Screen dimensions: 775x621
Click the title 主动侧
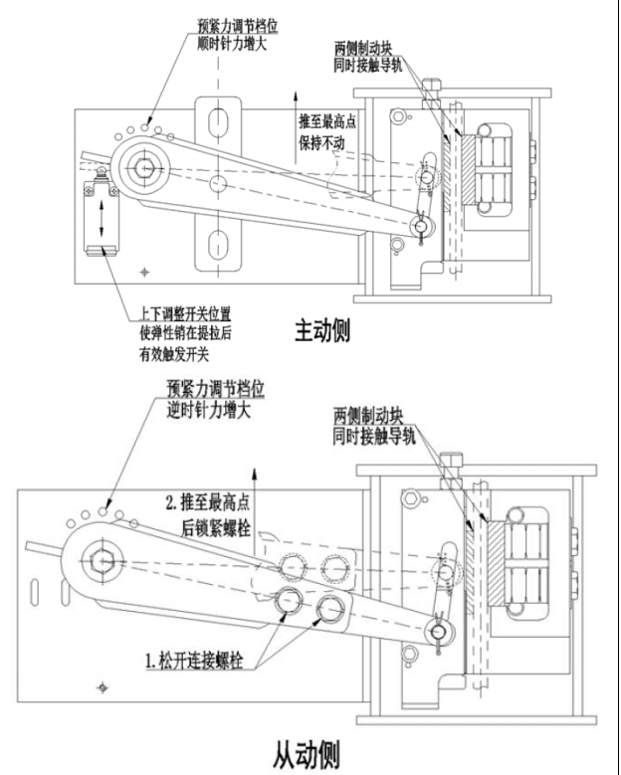[321, 330]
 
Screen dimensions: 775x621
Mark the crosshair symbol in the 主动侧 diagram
[146, 270]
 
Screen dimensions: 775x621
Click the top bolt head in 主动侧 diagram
[431, 87]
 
